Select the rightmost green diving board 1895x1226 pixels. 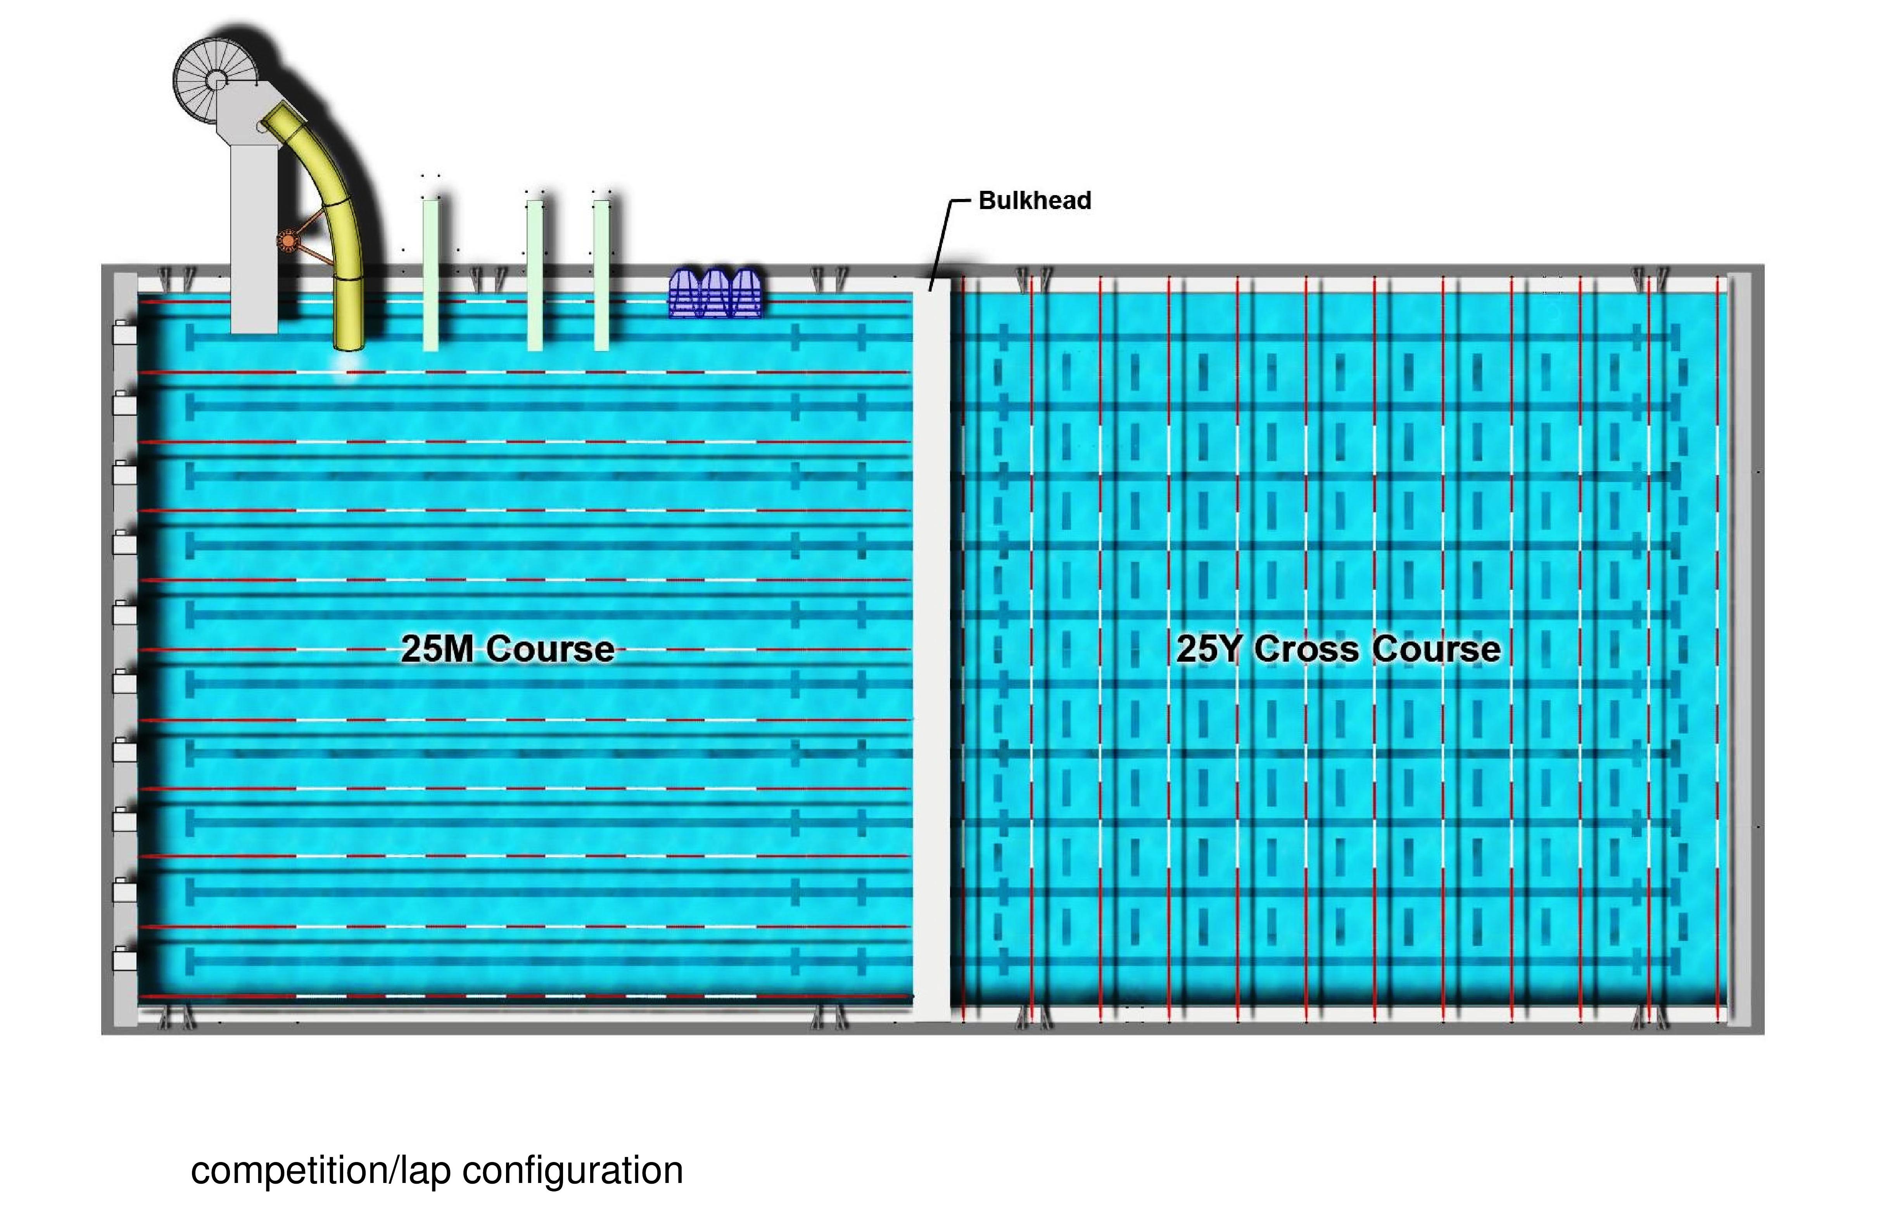[602, 275]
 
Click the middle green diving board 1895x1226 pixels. [535, 275]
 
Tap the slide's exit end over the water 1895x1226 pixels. [349, 338]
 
